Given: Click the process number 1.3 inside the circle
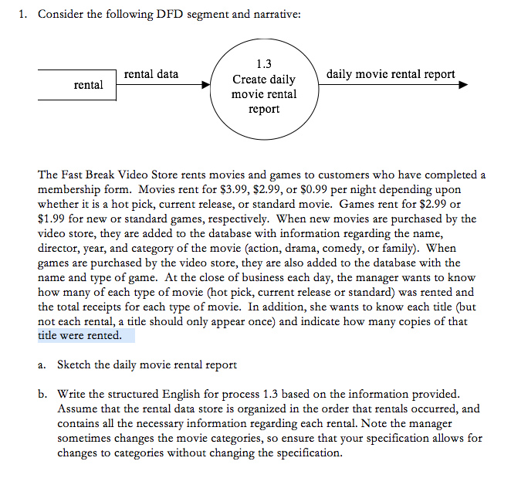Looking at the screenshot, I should (x=263, y=64).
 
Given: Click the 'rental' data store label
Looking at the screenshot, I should (x=88, y=85).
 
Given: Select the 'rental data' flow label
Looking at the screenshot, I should (x=151, y=74).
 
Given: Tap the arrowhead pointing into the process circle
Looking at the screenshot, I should (x=208, y=85).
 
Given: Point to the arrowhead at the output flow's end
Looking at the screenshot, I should (x=462, y=85).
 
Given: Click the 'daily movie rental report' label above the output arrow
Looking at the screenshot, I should (x=391, y=74).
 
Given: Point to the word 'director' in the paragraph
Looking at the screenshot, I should (x=59, y=249).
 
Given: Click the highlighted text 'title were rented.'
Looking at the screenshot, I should (x=80, y=336).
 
